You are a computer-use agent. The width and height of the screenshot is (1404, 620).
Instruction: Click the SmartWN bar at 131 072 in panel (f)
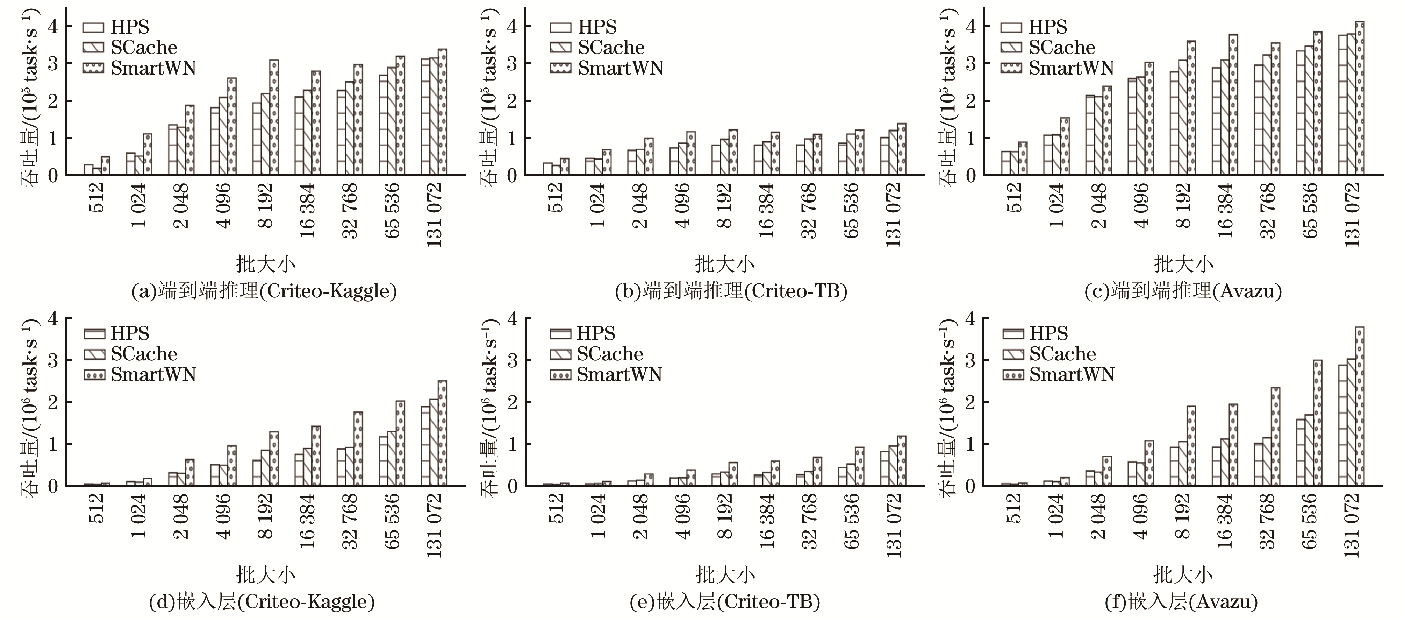(x=1359, y=406)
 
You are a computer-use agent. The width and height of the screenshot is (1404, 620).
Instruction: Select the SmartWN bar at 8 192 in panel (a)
(x=274, y=117)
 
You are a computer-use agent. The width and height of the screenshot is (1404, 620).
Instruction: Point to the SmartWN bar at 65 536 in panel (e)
(x=860, y=466)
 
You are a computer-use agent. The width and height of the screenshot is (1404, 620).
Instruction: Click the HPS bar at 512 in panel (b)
(x=547, y=169)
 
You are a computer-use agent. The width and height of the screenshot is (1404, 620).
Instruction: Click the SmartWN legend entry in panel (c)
(x=1057, y=68)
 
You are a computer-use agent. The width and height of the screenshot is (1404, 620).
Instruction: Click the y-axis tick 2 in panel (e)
(x=512, y=402)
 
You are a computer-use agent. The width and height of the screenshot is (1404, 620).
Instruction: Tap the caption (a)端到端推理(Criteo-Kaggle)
(x=264, y=291)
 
